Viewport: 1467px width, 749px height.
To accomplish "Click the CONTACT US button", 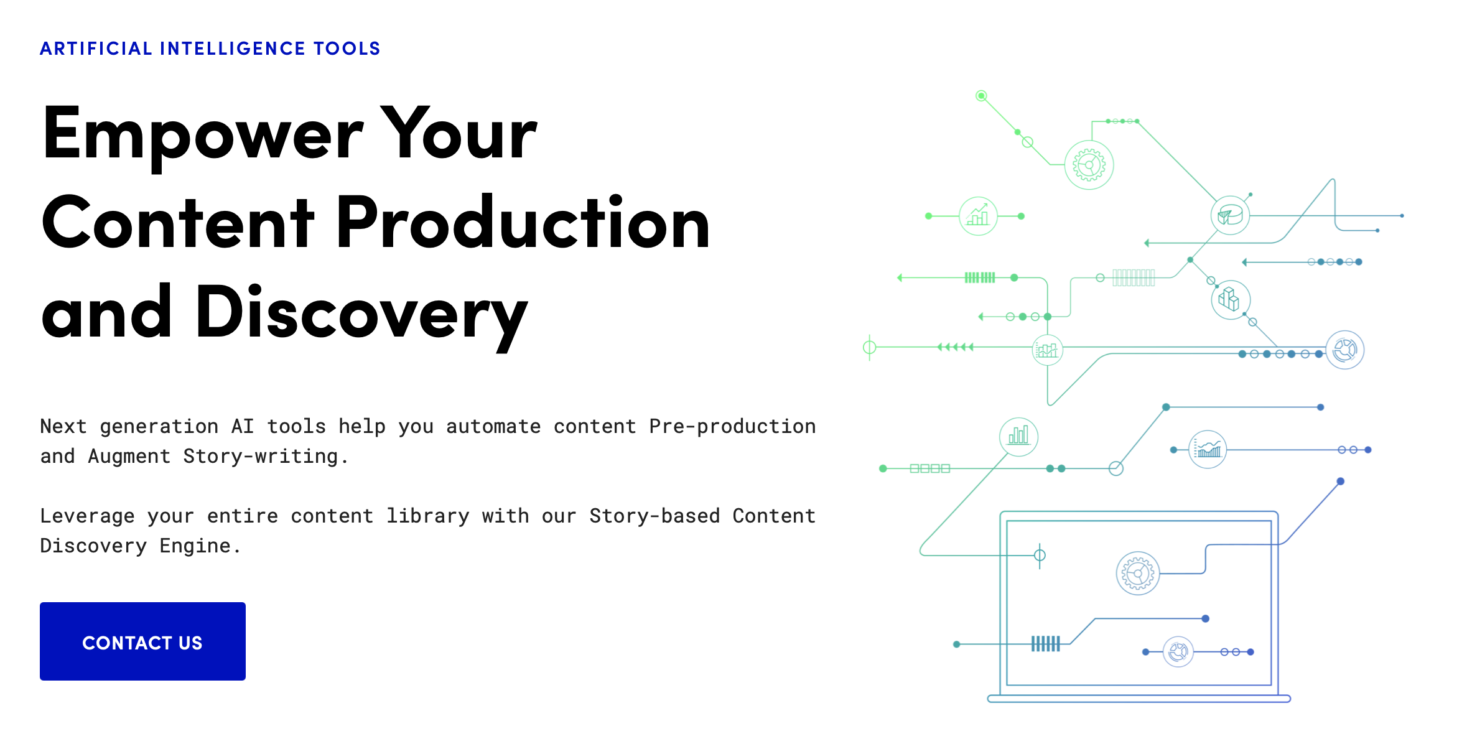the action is tap(142, 641).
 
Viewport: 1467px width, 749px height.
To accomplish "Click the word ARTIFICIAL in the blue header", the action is tap(96, 49).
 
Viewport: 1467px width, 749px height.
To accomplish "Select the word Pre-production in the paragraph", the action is tap(732, 427).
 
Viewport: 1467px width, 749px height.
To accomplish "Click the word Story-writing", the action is tap(261, 457).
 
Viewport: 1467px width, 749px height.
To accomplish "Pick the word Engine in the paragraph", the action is tap(195, 546).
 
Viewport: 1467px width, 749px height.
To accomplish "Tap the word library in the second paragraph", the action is tap(427, 516).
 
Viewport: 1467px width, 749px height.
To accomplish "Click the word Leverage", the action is tap(87, 516).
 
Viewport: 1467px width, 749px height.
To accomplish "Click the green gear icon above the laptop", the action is tap(1089, 165).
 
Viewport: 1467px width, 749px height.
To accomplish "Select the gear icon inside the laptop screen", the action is tap(1138, 573).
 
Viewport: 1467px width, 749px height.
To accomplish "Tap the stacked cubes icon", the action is tap(1231, 300).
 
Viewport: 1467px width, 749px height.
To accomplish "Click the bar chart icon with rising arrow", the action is tap(978, 216).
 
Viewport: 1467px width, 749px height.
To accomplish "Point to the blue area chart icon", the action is tap(1208, 449).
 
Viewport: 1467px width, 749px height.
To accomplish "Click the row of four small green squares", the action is tap(930, 468).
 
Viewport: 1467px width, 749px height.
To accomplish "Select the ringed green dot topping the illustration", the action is tap(981, 96).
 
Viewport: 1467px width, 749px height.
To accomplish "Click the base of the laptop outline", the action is tap(1139, 699).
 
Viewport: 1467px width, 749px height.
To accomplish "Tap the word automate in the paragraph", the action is tap(493, 427).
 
